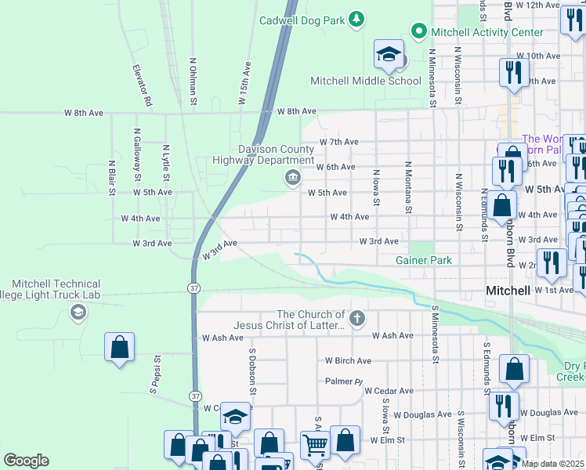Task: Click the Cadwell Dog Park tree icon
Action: click(356, 18)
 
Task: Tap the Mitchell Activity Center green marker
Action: click(418, 32)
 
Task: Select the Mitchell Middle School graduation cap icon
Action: click(389, 55)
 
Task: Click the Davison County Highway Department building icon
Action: click(292, 179)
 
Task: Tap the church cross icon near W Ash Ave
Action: click(357, 318)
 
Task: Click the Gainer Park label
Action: click(424, 260)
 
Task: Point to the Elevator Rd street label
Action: click(143, 85)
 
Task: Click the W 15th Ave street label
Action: click(244, 83)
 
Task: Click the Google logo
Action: click(26, 461)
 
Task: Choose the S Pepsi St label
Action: click(156, 375)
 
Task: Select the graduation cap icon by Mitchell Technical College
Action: click(78, 313)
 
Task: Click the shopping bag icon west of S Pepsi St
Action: click(119, 347)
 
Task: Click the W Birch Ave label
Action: click(349, 361)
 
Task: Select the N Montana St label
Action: click(408, 187)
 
